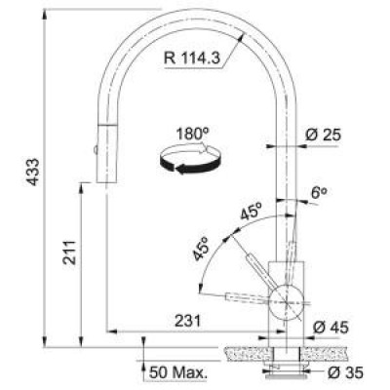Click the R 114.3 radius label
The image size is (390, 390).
click(x=192, y=58)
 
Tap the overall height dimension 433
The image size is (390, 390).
click(x=33, y=172)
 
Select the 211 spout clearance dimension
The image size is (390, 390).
click(x=69, y=253)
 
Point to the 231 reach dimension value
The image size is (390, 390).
click(x=188, y=321)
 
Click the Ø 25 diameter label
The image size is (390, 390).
click(x=324, y=135)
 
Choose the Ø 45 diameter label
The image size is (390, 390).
click(x=331, y=327)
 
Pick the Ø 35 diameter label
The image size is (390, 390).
click(x=345, y=372)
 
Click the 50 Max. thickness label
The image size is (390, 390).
click(x=178, y=372)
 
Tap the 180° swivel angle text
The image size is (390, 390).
click(x=192, y=134)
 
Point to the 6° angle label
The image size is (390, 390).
click(x=319, y=193)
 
